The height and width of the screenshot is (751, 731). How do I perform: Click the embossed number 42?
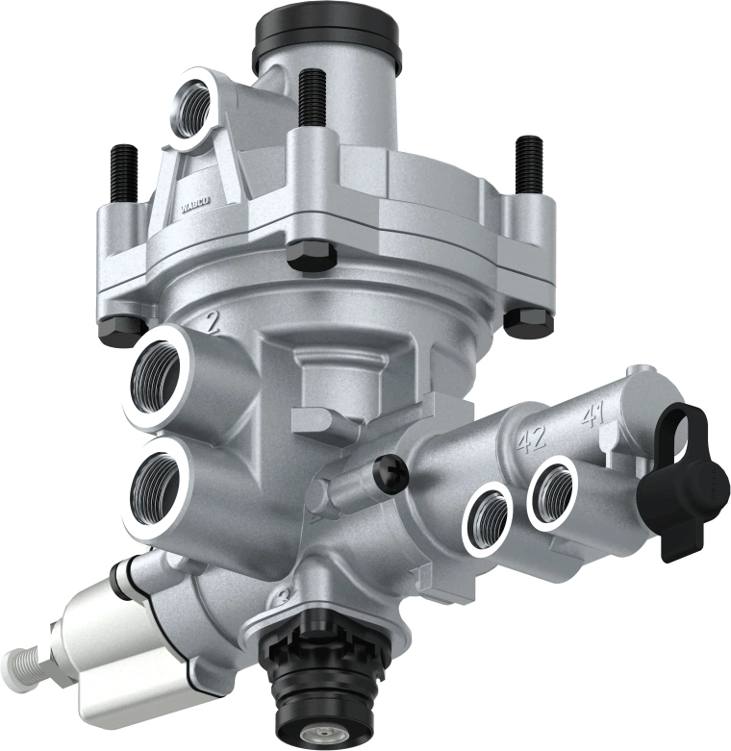pyautogui.click(x=531, y=439)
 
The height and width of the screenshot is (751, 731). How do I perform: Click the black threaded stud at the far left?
pyautogui.click(x=125, y=176)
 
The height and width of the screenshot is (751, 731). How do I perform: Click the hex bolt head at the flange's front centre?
pyautogui.click(x=310, y=255)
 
